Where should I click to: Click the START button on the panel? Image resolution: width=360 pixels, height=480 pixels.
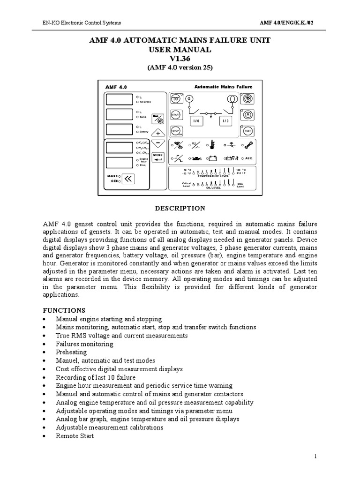tap(176, 115)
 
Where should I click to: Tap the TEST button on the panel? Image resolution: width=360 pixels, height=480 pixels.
tap(248, 130)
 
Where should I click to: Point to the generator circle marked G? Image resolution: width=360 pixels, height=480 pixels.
tap(189, 99)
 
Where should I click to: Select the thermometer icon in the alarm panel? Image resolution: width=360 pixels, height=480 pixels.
tap(212, 144)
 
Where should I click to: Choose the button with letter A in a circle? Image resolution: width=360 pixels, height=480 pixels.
tap(248, 114)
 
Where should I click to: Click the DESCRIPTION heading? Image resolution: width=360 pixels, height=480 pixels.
tap(180, 208)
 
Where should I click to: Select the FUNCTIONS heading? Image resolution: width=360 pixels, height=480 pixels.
tap(64, 310)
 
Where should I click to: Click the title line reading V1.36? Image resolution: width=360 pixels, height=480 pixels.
tap(180, 59)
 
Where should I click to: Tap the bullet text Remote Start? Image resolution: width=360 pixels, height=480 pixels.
tap(75, 436)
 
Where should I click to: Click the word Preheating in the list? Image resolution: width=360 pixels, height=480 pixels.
tap(71, 352)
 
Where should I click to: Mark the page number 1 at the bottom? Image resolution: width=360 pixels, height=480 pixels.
tap(317, 457)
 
